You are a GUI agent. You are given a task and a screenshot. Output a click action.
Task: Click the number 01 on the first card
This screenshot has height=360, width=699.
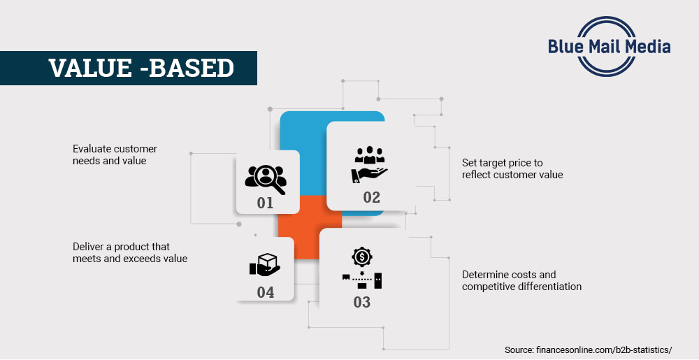pyautogui.click(x=265, y=203)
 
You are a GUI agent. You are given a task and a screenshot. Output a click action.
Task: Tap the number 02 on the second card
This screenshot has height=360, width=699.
pyautogui.click(x=371, y=197)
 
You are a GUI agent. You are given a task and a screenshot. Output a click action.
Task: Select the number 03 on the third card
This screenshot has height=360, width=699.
pyautogui.click(x=361, y=302)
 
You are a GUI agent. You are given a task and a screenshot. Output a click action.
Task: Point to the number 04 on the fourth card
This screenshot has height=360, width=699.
pyautogui.click(x=265, y=292)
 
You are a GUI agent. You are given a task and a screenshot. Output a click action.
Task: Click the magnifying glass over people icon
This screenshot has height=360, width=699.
pyautogui.click(x=266, y=178)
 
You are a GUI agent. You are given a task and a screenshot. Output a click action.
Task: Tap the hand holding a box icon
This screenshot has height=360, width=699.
pyautogui.click(x=264, y=265)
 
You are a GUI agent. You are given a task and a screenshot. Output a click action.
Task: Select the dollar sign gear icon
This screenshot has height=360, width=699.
pyautogui.click(x=362, y=257)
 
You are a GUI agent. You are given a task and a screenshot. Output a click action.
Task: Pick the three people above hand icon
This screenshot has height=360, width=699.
pyautogui.click(x=369, y=164)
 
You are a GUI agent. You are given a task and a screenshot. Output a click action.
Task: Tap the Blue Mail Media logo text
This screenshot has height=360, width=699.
pyautogui.click(x=610, y=47)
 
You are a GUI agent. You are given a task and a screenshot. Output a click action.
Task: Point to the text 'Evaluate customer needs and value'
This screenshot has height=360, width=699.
pyautogui.click(x=115, y=154)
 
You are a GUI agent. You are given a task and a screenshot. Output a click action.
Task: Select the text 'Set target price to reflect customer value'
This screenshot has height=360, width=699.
pyautogui.click(x=512, y=168)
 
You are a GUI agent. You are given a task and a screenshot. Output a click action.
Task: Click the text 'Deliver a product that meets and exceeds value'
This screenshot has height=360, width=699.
pyautogui.click(x=130, y=252)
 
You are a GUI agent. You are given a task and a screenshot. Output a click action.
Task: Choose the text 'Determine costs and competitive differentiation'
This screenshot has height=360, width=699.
pyautogui.click(x=521, y=280)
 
